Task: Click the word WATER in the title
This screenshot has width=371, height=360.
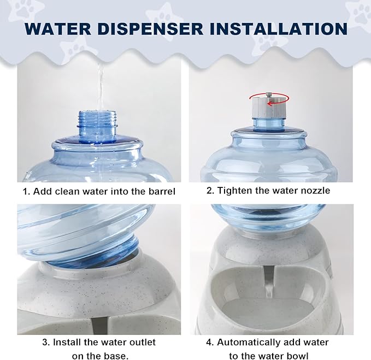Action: coord(57,29)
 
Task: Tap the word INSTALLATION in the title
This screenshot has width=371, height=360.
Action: coord(279,29)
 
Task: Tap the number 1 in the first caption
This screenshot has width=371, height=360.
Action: coord(25,191)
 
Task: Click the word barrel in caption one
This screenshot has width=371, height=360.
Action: coord(161,191)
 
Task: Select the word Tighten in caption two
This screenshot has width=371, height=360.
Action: coord(236,191)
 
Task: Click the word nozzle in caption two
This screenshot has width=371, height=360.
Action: coord(314,191)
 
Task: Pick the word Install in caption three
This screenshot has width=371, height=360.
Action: coord(67,343)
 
